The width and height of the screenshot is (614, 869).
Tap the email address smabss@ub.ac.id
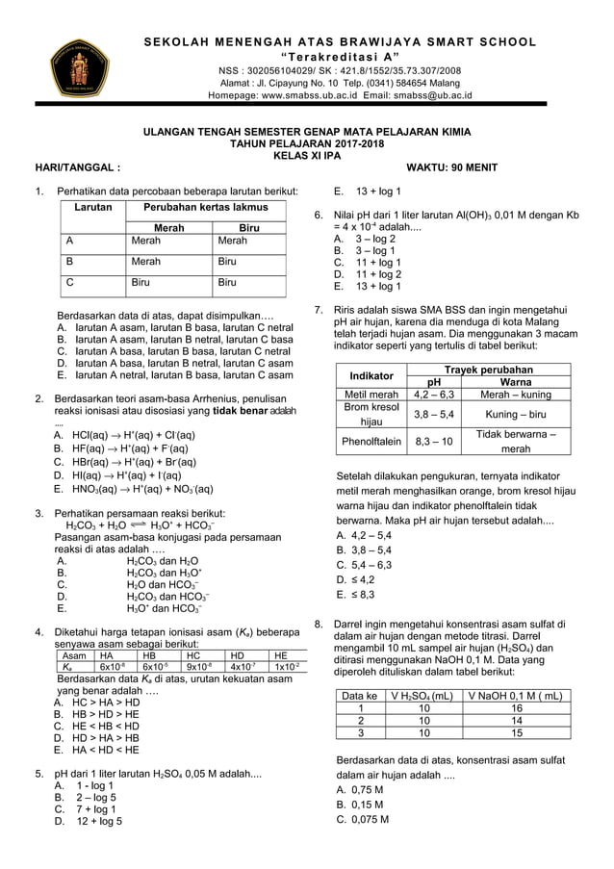pos(434,96)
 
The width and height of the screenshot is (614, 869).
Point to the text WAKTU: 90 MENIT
pos(453,166)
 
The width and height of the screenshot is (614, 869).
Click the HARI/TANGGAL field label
pos(78,166)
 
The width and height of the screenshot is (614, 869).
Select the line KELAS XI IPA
pos(307,153)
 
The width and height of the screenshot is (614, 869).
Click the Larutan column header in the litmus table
pos(92,207)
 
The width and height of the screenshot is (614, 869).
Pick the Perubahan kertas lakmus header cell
pos(206,207)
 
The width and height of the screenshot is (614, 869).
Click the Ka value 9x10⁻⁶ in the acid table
pos(199,667)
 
